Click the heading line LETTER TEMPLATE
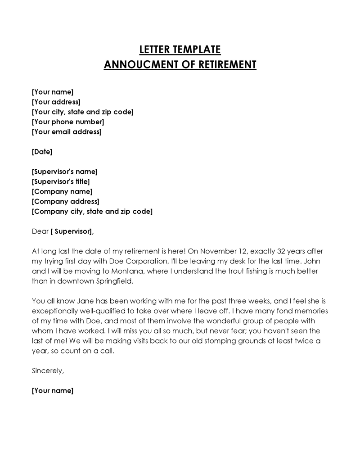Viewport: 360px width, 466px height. click(x=180, y=49)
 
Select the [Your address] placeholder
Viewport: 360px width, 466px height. click(x=56, y=102)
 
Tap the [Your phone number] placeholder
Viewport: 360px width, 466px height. click(x=68, y=122)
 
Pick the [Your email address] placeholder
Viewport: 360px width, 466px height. click(x=67, y=132)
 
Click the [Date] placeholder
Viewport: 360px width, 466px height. click(x=42, y=152)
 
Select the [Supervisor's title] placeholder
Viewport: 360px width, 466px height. click(x=61, y=181)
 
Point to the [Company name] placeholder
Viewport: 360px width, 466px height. click(x=62, y=191)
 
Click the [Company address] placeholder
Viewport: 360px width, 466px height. click(x=66, y=201)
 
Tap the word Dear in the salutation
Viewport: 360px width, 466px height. click(x=40, y=231)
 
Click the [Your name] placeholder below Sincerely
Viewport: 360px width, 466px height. click(x=52, y=390)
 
